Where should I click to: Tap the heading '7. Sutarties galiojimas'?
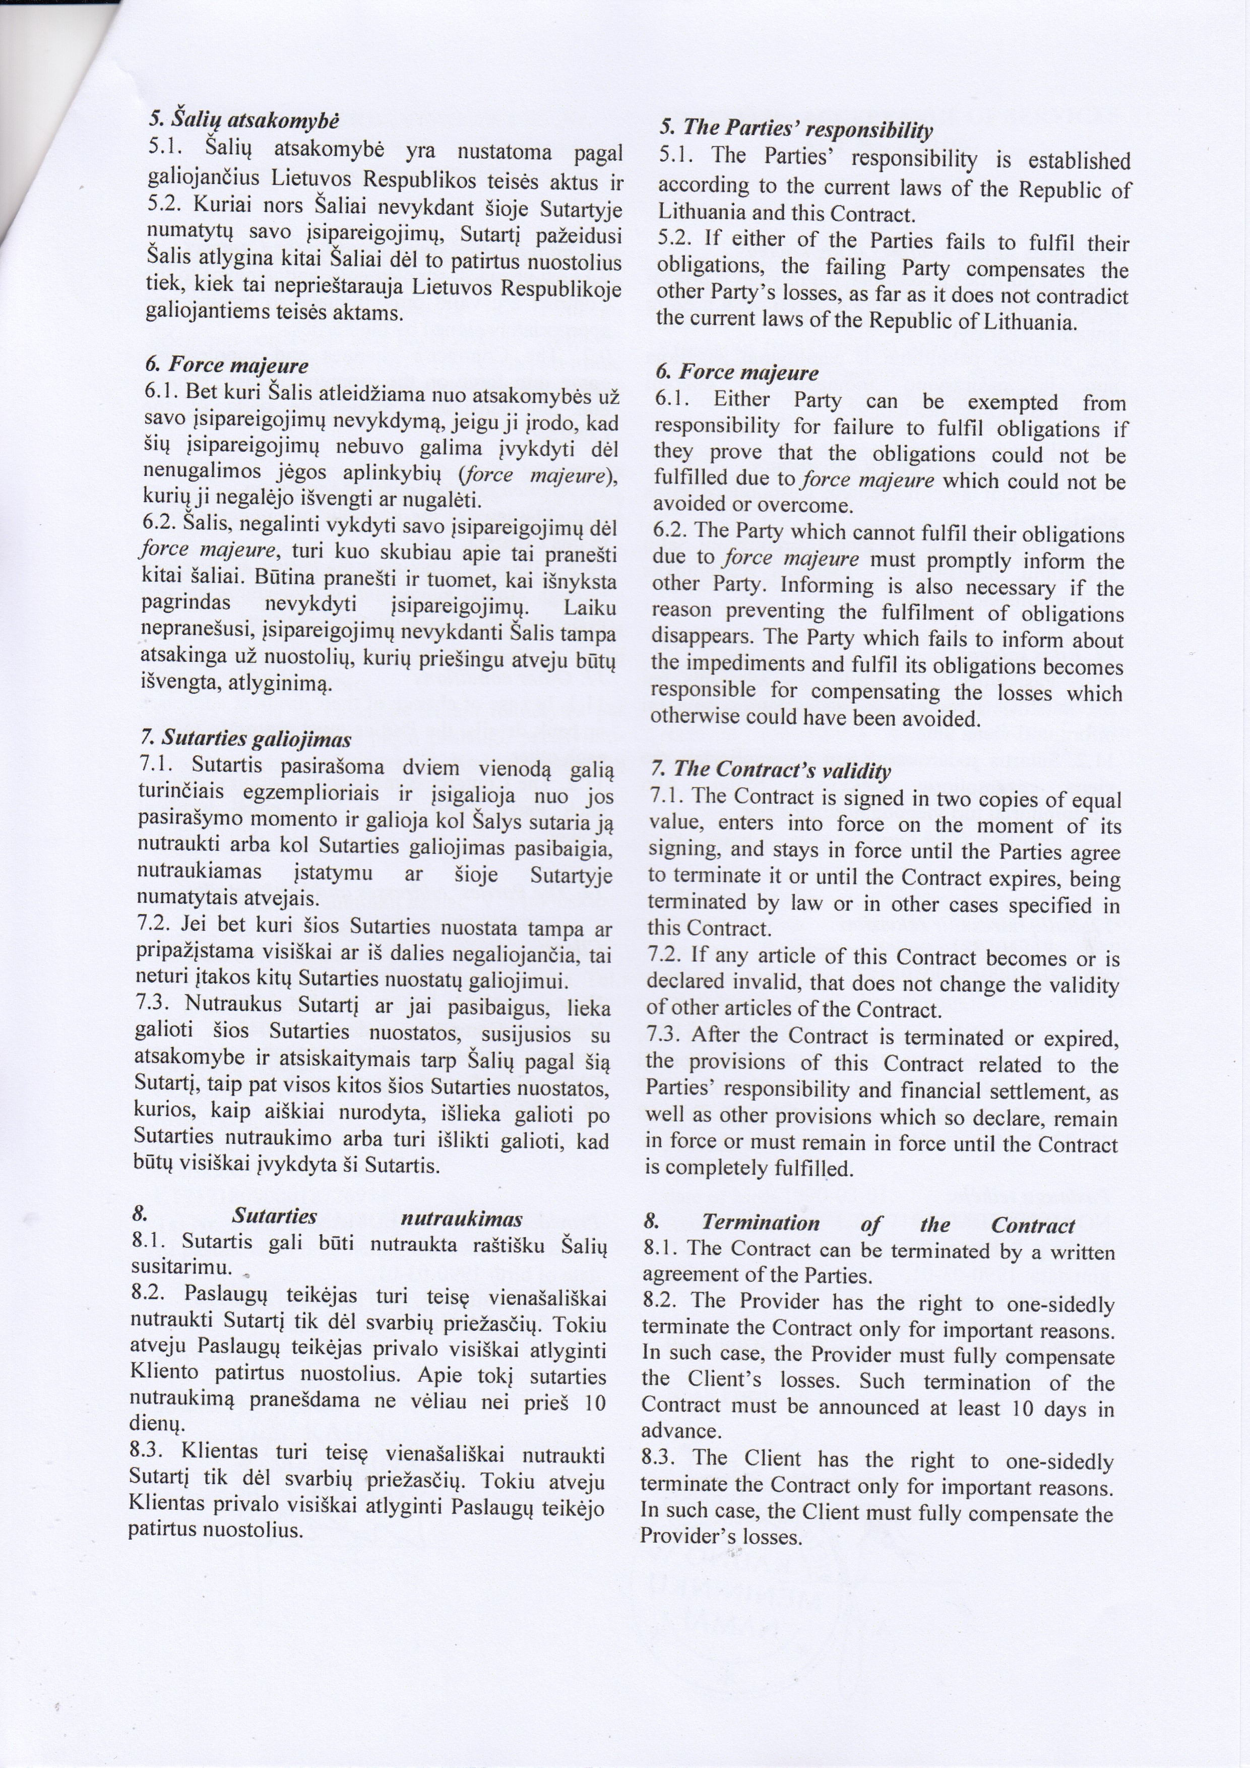245,740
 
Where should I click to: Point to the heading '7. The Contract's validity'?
771,770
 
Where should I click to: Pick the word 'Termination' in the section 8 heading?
749,1224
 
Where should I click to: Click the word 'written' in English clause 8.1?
1085,1253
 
